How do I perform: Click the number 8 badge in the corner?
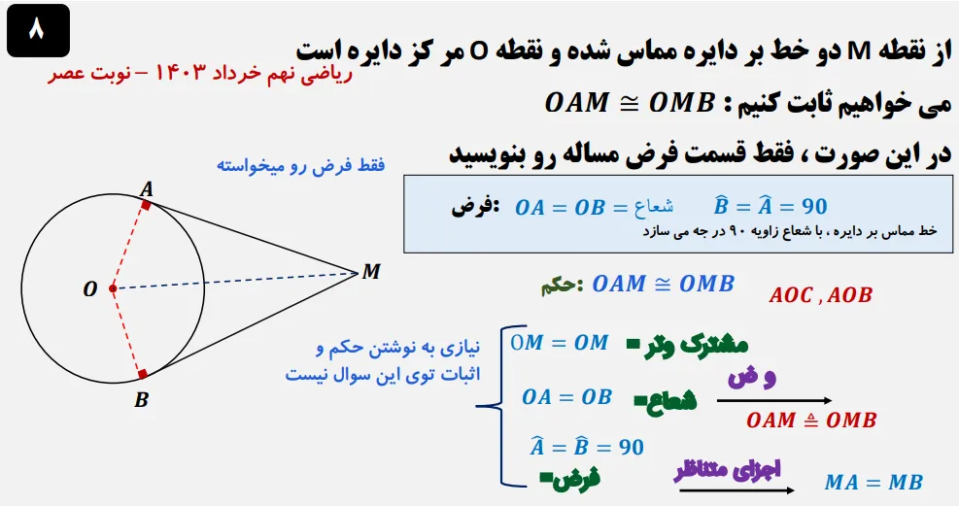point(37,30)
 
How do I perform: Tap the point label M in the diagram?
point(370,271)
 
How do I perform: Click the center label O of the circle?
point(90,289)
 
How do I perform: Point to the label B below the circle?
point(141,398)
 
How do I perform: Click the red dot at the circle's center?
point(113,288)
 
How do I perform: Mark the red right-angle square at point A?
point(146,204)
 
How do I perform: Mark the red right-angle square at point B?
point(143,373)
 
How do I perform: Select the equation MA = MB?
point(873,482)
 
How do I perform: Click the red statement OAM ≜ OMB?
point(811,421)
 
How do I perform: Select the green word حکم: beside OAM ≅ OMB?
point(561,286)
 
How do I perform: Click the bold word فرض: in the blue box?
point(476,207)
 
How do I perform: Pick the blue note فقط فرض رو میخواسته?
point(300,166)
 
